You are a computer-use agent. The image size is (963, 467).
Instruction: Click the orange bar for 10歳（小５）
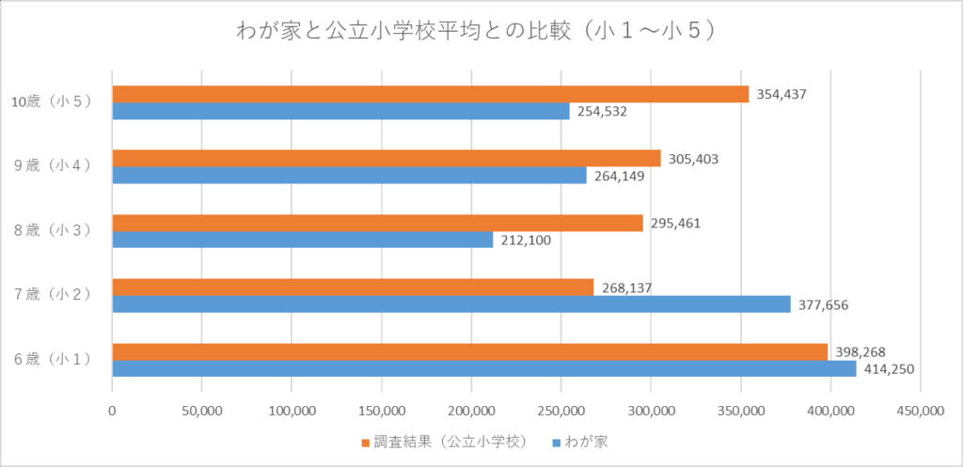[430, 94]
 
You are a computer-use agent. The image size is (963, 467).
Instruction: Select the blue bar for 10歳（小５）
[340, 111]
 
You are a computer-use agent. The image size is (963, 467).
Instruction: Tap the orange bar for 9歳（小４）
[386, 158]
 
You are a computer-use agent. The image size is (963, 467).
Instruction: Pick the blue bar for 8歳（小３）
[302, 240]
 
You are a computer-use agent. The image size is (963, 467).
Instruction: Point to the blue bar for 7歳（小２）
[450, 304]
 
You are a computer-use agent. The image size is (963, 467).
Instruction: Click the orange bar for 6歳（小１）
[469, 351]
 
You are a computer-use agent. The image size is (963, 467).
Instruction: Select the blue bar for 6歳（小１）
[484, 368]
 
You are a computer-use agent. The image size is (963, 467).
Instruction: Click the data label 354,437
[781, 94]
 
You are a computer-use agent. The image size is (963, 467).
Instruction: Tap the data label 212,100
[525, 240]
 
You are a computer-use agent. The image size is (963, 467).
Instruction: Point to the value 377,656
[823, 304]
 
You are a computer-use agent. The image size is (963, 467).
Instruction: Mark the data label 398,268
[860, 351]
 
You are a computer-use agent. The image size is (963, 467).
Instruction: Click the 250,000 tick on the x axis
[560, 411]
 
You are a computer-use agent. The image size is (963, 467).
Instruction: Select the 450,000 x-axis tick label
[920, 411]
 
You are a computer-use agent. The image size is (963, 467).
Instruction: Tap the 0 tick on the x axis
[112, 411]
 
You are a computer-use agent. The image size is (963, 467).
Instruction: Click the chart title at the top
[481, 30]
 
